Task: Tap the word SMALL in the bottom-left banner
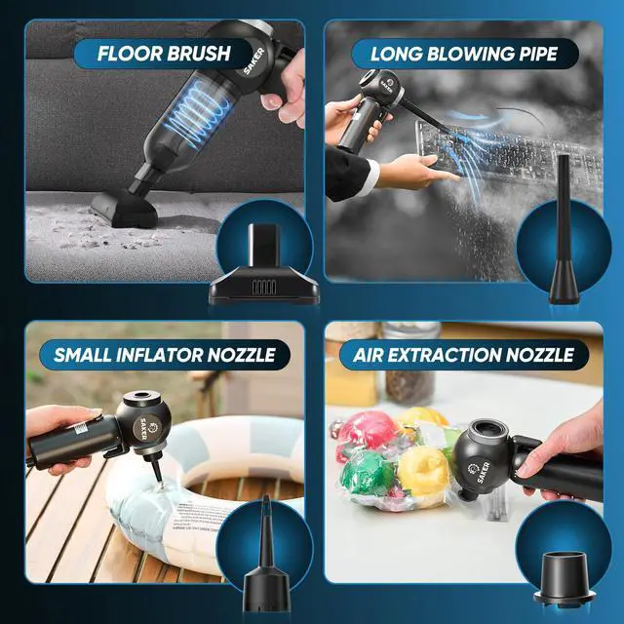pyautogui.click(x=82, y=354)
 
